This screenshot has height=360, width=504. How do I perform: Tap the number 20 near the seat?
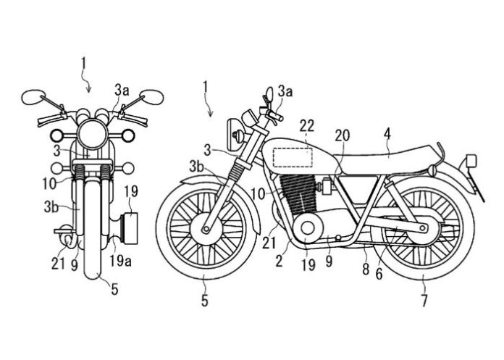[x=343, y=136]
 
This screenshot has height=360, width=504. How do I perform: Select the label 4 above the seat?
[x=389, y=133]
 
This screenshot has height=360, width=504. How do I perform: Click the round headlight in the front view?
[x=92, y=134]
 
